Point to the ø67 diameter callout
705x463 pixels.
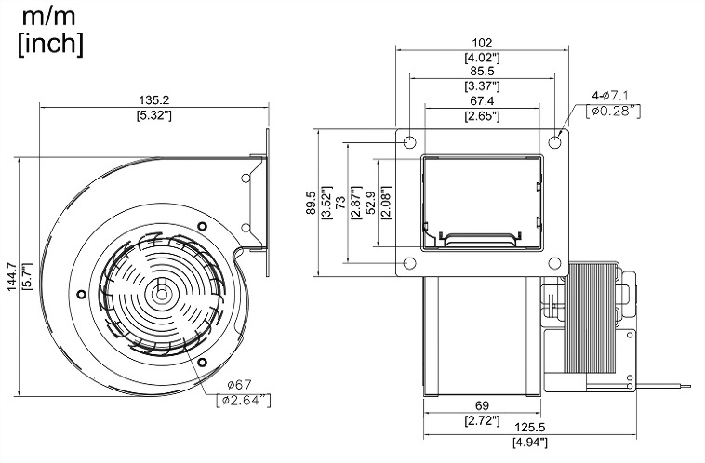click(240, 385)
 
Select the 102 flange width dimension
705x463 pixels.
click(481, 42)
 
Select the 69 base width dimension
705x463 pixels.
click(481, 406)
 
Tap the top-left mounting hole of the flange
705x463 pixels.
click(408, 142)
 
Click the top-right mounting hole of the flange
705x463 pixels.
click(554, 142)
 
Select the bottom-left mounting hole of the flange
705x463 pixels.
click(408, 262)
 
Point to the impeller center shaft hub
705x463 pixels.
click(163, 286)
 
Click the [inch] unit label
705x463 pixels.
click(50, 43)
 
